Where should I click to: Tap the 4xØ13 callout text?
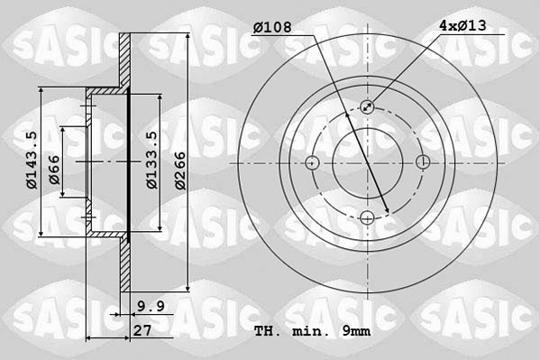pyautogui.click(x=463, y=27)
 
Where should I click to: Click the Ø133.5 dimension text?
pyautogui.click(x=152, y=162)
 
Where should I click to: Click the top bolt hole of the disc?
pyautogui.click(x=368, y=107)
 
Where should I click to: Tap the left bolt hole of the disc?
pyautogui.click(x=313, y=162)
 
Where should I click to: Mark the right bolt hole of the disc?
pyautogui.click(x=423, y=162)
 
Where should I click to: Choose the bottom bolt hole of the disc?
pyautogui.click(x=368, y=217)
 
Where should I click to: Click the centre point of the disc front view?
pyautogui.click(x=368, y=162)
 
